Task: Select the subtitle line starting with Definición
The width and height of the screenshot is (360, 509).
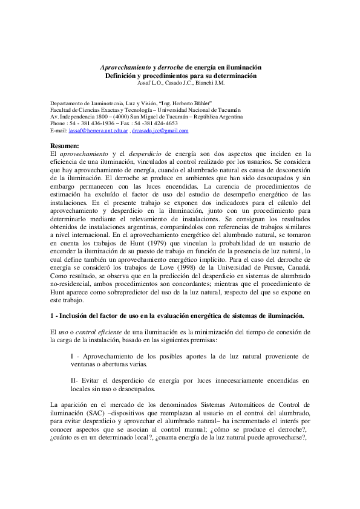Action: coord(180,76)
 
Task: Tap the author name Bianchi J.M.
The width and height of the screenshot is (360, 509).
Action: coord(212,83)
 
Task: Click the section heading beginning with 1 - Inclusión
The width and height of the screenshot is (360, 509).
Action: coord(177,316)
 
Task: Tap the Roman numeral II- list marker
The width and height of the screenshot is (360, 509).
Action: coord(75,380)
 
